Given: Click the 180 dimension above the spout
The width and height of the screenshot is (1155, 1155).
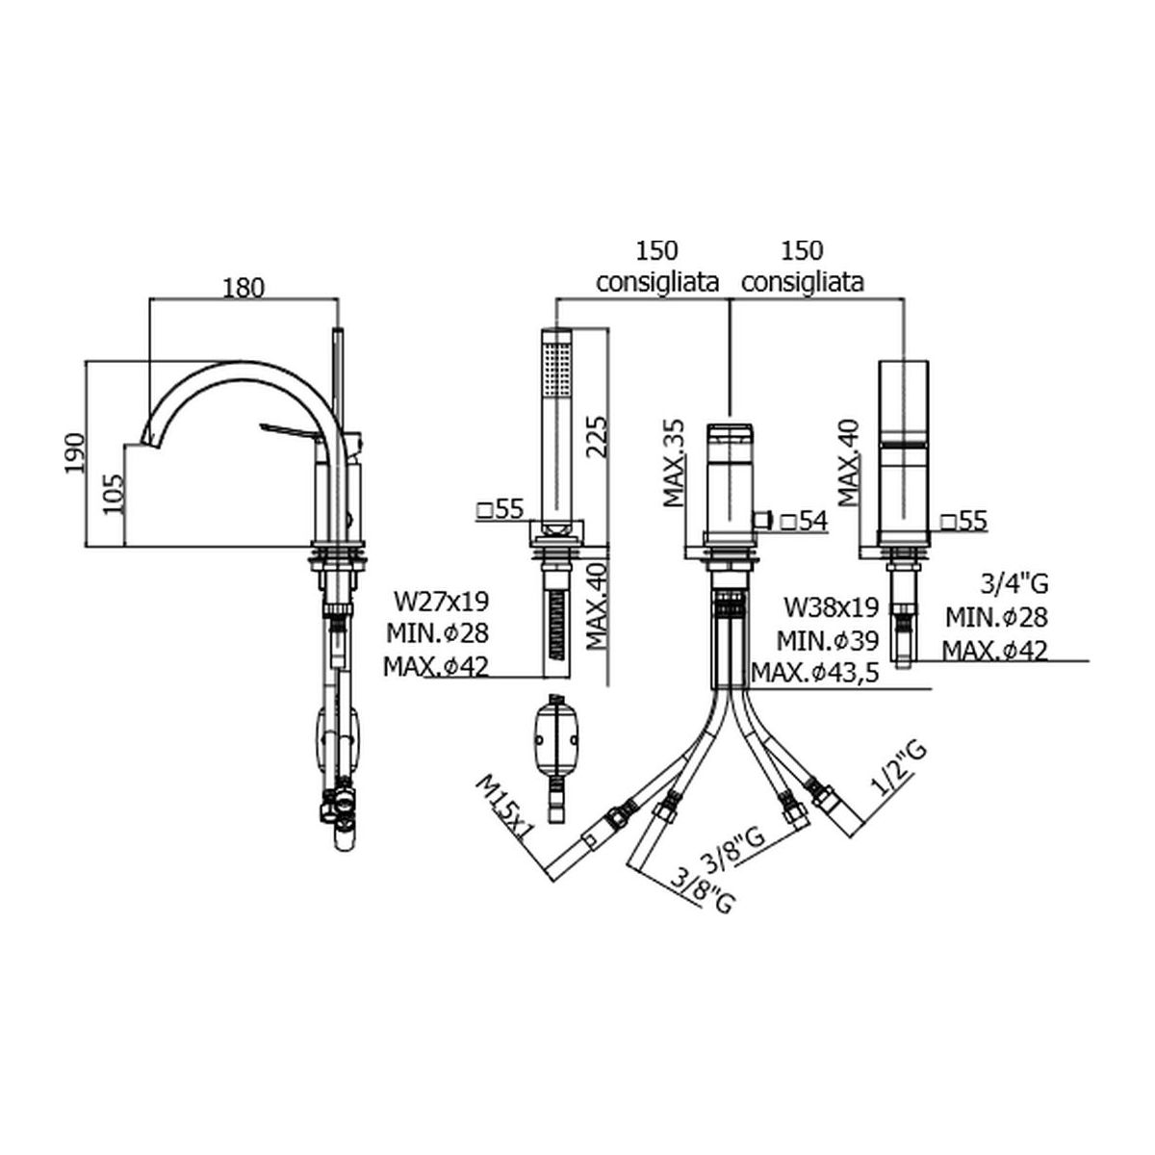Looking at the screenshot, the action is pos(244,289).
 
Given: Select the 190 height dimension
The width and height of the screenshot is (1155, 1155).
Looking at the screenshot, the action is pos(76,452).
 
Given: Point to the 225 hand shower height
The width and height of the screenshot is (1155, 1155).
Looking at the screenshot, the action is pos(597,437).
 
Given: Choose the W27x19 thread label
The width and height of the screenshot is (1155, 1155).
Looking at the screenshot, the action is pos(442,601).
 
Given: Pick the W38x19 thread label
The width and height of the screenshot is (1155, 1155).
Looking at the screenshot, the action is pos(832,607).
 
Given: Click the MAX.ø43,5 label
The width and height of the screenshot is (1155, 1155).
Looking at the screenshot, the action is pos(815,673).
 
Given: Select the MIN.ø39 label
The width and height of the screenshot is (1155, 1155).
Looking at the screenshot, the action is pos(828,640).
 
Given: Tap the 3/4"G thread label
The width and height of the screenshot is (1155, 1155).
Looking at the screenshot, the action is pos(1015,584).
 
